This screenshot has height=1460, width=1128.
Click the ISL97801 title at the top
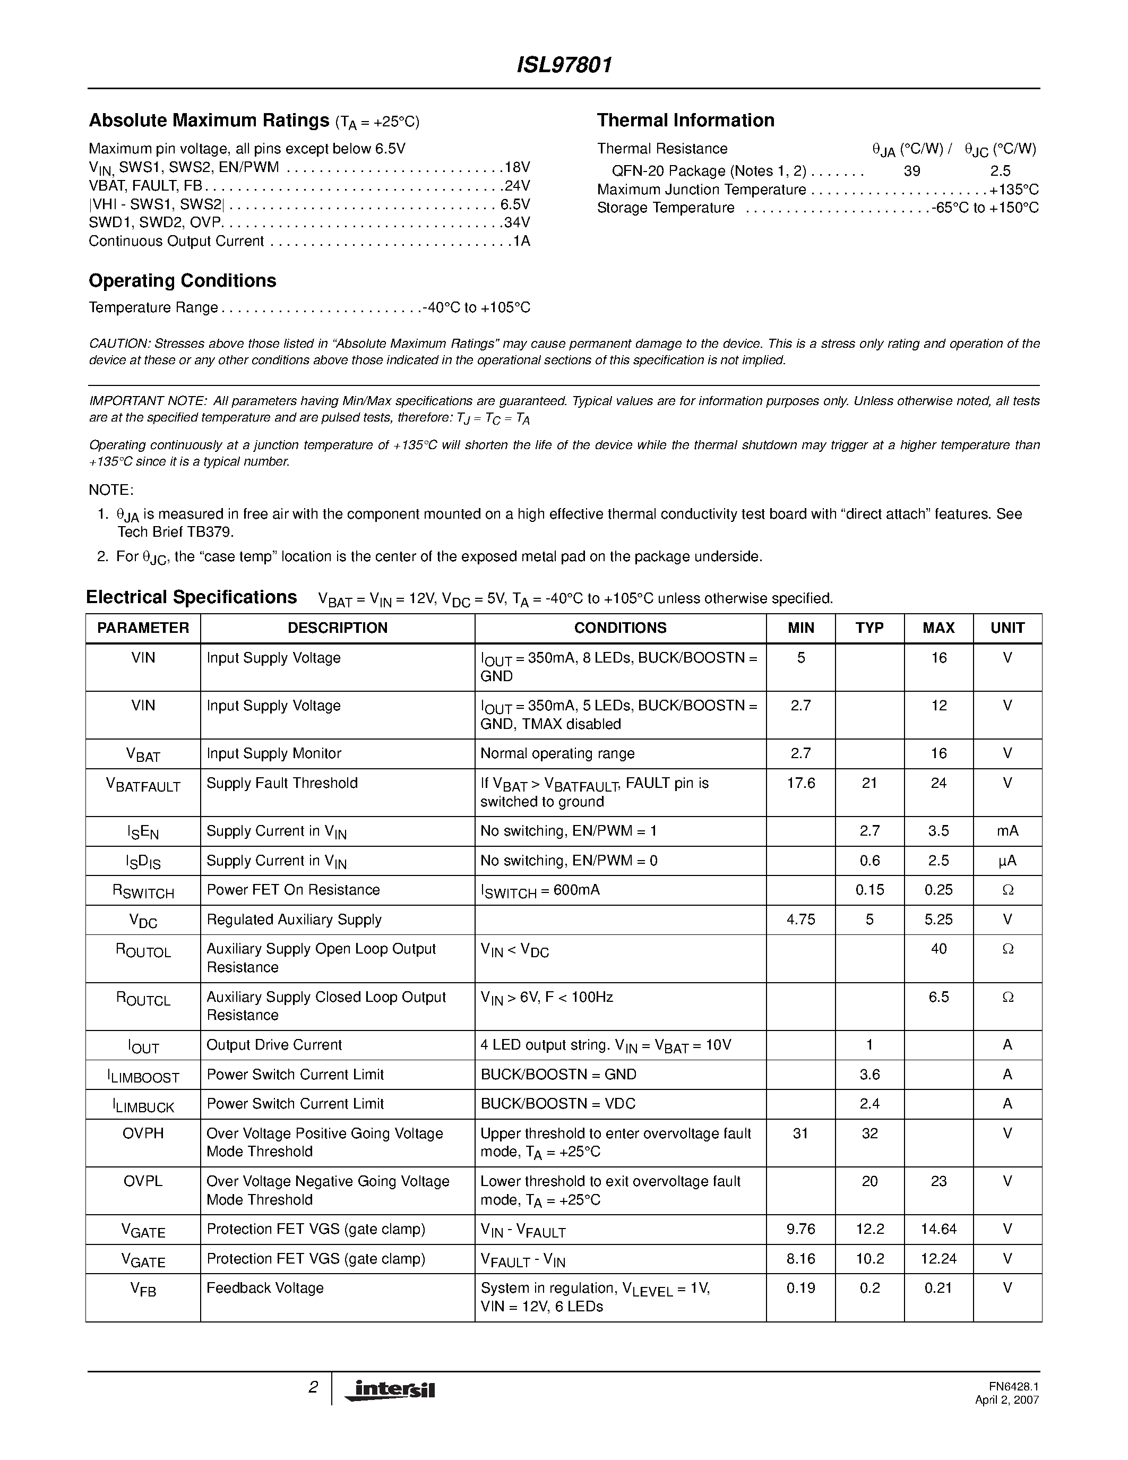click(564, 65)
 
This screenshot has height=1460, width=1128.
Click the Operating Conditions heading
click(183, 281)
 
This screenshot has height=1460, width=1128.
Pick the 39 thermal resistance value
click(911, 171)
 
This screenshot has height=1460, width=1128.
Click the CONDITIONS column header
click(620, 628)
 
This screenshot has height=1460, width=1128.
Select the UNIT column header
click(1007, 628)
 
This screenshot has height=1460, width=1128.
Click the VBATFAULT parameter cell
click(143, 785)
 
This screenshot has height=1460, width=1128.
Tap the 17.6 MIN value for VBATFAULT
click(800, 783)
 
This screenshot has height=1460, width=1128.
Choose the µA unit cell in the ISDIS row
click(1007, 861)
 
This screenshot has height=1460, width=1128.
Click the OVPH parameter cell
click(143, 1134)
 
